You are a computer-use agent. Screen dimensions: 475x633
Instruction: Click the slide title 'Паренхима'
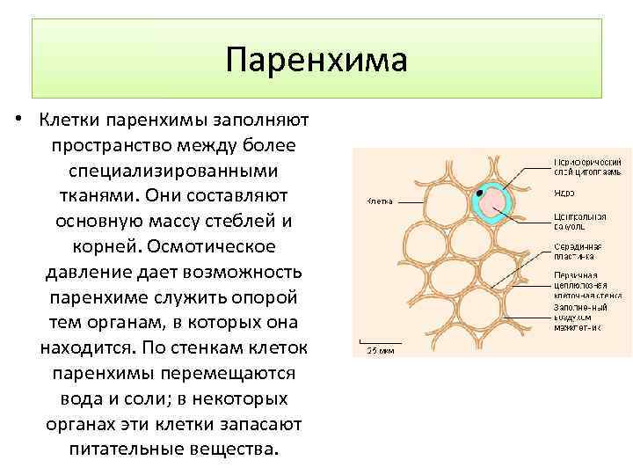pyautogui.click(x=316, y=61)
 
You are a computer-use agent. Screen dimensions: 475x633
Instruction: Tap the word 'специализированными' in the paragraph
pyautogui.click(x=173, y=168)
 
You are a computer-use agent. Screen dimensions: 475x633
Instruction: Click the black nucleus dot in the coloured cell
pyautogui.click(x=479, y=192)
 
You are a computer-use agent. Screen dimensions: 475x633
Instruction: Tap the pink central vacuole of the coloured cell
pyautogui.click(x=493, y=203)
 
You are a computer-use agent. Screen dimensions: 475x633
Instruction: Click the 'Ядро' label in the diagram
pyautogui.click(x=564, y=192)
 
